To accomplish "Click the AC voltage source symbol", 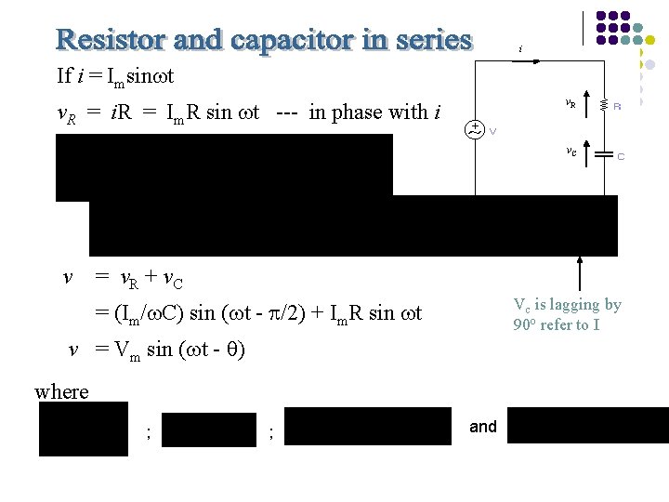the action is click(476, 129).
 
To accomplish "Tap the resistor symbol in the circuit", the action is click(604, 106).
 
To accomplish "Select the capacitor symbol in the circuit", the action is click(604, 152).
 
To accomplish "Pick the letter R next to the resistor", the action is click(618, 107).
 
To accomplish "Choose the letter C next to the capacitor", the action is click(621, 156).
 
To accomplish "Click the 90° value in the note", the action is click(523, 325).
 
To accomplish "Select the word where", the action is click(61, 391).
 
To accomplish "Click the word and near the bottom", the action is click(483, 427).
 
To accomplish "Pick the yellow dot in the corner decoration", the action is click(650, 40).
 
